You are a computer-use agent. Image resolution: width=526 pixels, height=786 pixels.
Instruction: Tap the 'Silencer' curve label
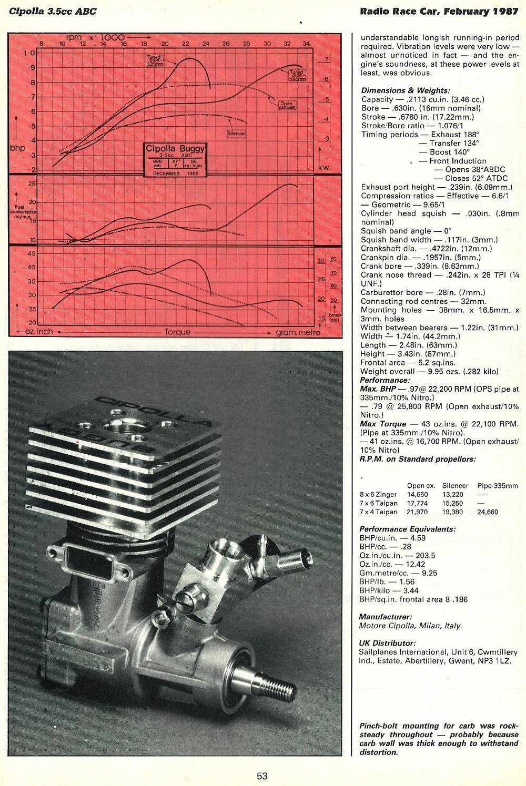point(236,134)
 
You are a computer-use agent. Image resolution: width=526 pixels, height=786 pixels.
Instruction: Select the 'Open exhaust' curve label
point(287,105)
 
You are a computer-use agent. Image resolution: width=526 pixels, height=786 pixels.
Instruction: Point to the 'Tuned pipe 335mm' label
point(155,59)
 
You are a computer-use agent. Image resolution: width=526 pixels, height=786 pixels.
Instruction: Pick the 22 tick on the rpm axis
point(185,44)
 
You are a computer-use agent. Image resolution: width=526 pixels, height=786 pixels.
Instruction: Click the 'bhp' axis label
point(17,148)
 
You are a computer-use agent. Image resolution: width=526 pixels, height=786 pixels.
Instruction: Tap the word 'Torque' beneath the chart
point(177,332)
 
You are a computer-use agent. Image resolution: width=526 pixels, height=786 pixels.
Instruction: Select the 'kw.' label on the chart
point(324,168)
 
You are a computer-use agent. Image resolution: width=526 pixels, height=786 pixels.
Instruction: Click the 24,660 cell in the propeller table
point(488,512)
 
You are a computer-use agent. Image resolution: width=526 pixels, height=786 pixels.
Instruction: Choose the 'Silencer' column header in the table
point(455,486)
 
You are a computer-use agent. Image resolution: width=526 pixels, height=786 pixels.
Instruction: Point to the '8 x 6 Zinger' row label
point(378,494)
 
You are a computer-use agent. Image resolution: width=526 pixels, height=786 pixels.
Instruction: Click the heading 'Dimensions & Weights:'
point(405,90)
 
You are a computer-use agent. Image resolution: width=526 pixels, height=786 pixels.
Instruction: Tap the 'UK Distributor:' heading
point(387,643)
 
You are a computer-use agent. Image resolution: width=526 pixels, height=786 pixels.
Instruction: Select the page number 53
point(262,776)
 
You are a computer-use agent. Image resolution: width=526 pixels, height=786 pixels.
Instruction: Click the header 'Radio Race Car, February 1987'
point(439,11)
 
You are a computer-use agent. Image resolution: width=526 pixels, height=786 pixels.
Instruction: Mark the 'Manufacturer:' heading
point(385,617)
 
